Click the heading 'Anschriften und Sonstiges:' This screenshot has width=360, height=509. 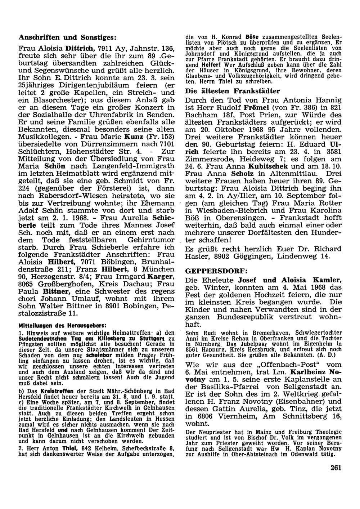click(x=67, y=37)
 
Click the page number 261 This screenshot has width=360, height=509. click(x=335, y=468)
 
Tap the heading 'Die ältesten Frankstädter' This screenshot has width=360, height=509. click(x=232, y=91)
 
